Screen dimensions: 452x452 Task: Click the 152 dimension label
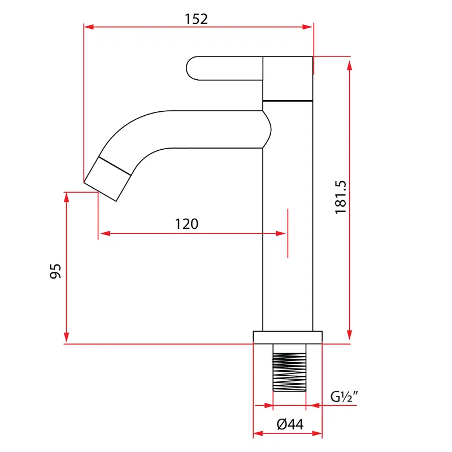(x=196, y=19)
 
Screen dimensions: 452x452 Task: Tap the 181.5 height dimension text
(x=341, y=197)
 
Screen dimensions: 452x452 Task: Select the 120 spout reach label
(x=187, y=224)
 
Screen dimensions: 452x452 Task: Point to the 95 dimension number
(x=55, y=271)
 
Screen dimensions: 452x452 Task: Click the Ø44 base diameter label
(x=290, y=424)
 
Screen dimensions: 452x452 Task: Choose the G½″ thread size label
(x=344, y=397)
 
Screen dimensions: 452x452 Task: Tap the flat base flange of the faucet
(x=288, y=337)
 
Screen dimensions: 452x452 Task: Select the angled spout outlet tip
(x=107, y=179)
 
